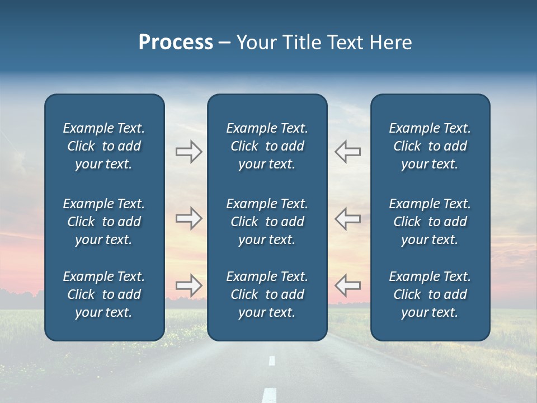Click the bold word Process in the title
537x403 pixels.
point(176,43)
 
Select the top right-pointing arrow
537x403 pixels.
point(189,152)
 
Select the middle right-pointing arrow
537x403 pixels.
point(189,218)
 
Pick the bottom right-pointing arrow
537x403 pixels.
point(189,285)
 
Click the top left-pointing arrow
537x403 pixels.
point(347,152)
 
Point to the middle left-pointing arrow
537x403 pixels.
point(347,218)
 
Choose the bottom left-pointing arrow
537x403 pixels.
point(347,285)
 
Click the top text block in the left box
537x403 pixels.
point(104,146)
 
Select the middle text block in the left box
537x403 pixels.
point(104,222)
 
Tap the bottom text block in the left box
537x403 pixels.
point(104,294)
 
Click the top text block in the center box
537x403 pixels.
point(267,146)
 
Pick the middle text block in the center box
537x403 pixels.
point(267,222)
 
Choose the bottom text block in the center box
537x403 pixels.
point(267,294)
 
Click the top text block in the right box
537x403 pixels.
point(430,146)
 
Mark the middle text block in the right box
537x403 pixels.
point(430,222)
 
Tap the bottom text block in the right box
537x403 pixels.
point(430,294)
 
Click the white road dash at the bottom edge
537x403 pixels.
point(270,395)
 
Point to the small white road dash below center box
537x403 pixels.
point(272,361)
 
